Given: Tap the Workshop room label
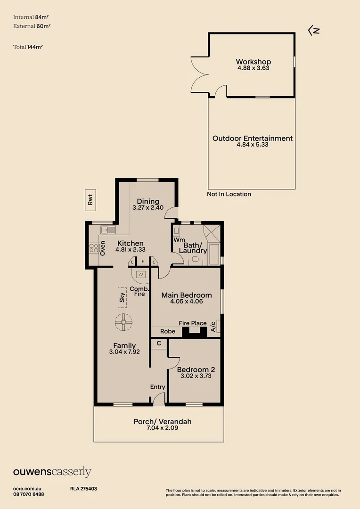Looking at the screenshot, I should (x=253, y=62).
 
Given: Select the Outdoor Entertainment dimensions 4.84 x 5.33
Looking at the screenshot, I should (x=253, y=145).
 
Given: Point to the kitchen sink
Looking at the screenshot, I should (x=108, y=230).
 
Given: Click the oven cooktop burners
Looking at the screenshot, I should (x=93, y=248).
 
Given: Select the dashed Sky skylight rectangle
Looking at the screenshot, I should (x=122, y=297).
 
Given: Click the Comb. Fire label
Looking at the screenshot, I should (x=139, y=291).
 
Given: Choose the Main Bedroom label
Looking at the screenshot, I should (x=186, y=295).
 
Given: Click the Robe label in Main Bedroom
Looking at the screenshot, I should (x=167, y=331).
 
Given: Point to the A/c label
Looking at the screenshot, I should (x=213, y=327).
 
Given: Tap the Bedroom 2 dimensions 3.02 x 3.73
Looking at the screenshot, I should (x=193, y=376).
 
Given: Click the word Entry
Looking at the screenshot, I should (x=157, y=387).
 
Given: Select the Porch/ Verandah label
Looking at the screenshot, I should (x=163, y=421).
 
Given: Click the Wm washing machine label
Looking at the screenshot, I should (x=179, y=240).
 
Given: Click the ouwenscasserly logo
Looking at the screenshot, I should (x=52, y=472).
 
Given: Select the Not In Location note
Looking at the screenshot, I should (x=229, y=194).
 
